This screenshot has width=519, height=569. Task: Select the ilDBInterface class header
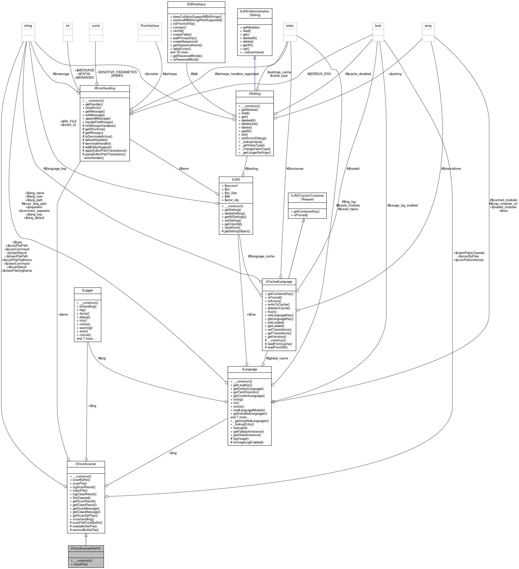196,4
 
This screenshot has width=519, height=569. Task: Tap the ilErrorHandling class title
105,88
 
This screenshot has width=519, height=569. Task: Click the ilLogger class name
87,290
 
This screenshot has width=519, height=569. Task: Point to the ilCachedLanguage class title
279,281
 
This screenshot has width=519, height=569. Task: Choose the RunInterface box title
149,26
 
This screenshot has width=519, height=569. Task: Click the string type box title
28,26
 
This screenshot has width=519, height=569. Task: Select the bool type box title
378,26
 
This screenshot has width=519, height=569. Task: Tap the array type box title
428,26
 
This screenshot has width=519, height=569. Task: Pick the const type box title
96,26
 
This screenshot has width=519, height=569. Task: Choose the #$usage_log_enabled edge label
402,205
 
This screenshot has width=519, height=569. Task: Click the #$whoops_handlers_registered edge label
237,74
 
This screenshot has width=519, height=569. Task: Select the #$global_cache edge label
277,358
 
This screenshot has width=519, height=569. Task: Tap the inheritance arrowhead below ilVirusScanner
86,535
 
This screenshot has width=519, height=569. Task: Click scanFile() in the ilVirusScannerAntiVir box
80,564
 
